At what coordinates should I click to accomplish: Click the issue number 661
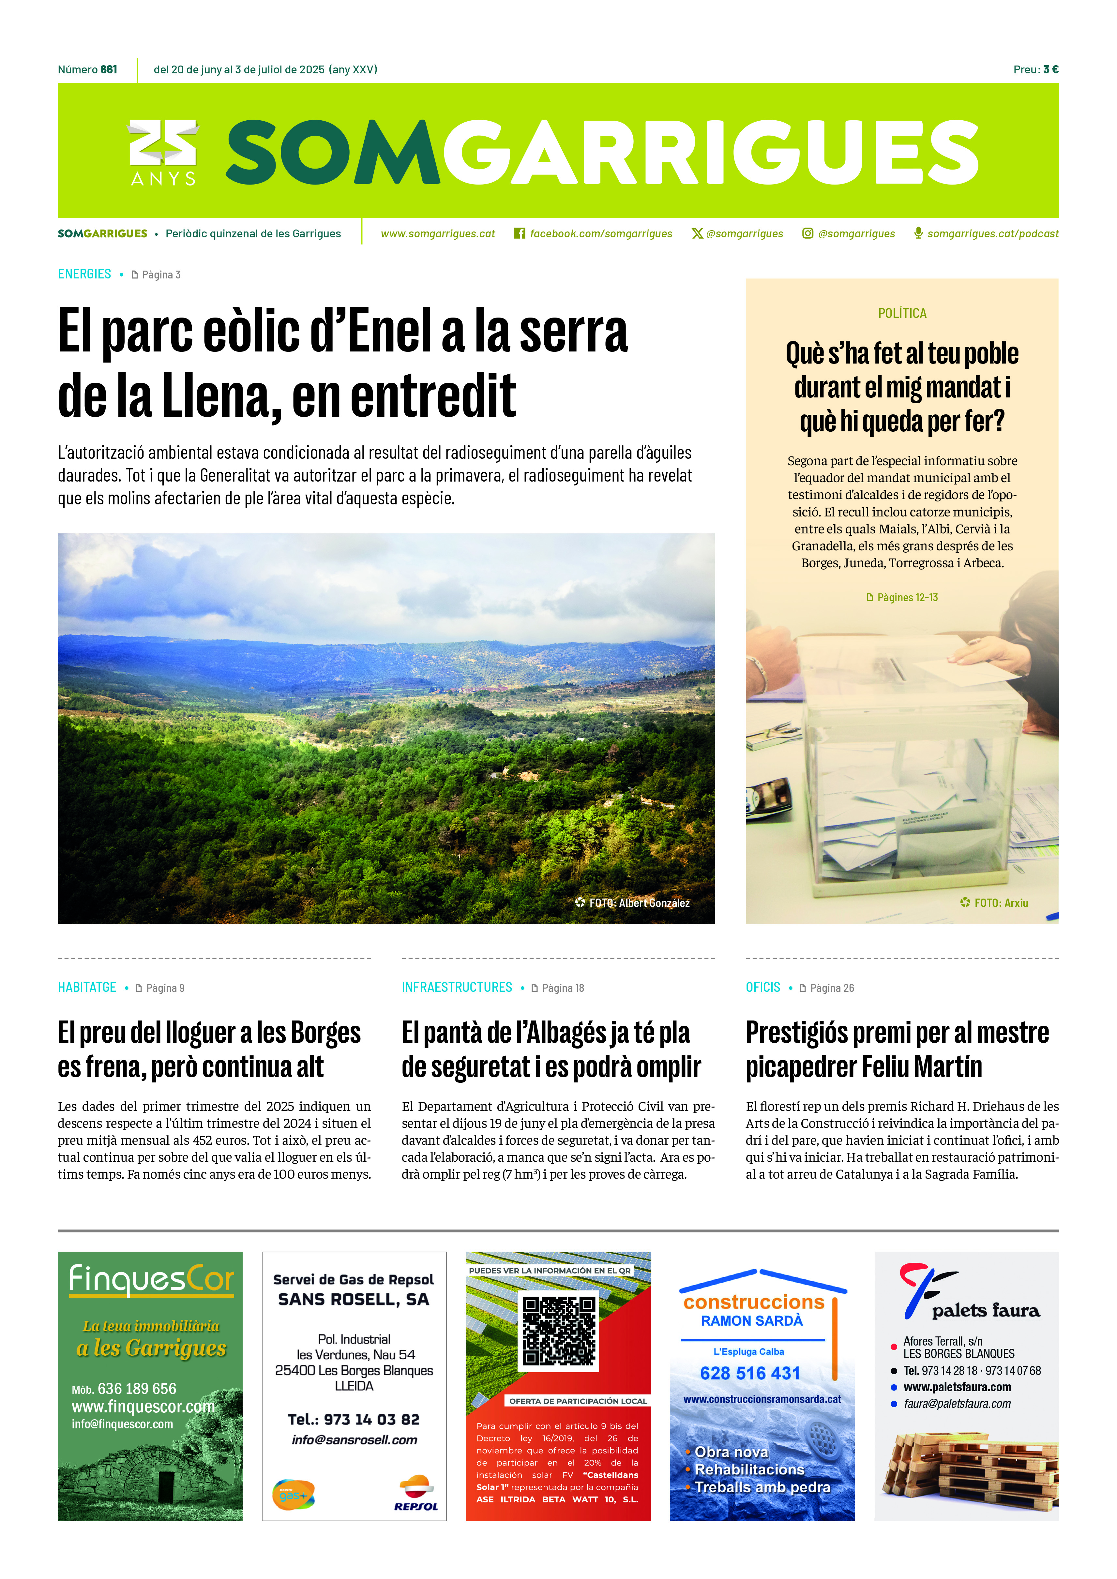109,69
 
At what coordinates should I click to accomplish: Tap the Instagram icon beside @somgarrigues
808,234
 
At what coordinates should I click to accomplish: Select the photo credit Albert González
654,903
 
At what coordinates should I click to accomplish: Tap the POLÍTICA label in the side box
902,314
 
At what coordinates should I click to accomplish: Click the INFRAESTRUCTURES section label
457,988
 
